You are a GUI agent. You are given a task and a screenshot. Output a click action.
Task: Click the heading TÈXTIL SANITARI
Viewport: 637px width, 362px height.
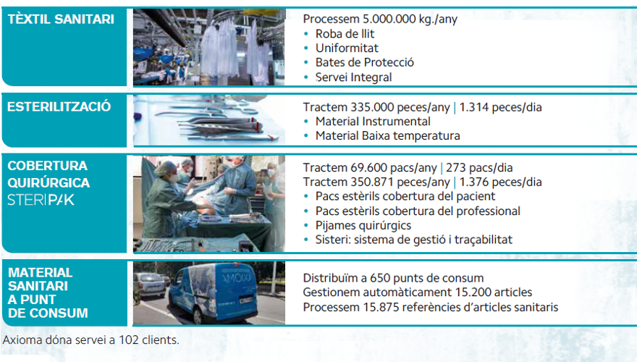click(x=61, y=19)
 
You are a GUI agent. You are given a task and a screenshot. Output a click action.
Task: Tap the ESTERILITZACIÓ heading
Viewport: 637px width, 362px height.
click(x=59, y=106)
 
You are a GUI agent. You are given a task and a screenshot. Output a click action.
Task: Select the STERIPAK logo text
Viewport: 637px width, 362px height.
click(x=41, y=200)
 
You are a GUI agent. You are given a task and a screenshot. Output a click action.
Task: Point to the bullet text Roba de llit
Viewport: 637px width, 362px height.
click(x=345, y=34)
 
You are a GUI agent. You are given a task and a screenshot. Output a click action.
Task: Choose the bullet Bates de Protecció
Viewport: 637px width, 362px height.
click(x=364, y=62)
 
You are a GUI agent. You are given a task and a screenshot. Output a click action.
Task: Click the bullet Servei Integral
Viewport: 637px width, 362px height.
click(x=353, y=77)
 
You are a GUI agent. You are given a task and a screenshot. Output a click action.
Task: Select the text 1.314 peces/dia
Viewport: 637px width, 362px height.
click(x=500, y=107)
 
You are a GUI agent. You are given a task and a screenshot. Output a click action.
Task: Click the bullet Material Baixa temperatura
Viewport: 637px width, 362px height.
click(x=387, y=135)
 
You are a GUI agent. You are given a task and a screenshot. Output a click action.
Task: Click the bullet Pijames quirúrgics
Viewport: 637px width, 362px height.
click(x=363, y=225)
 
